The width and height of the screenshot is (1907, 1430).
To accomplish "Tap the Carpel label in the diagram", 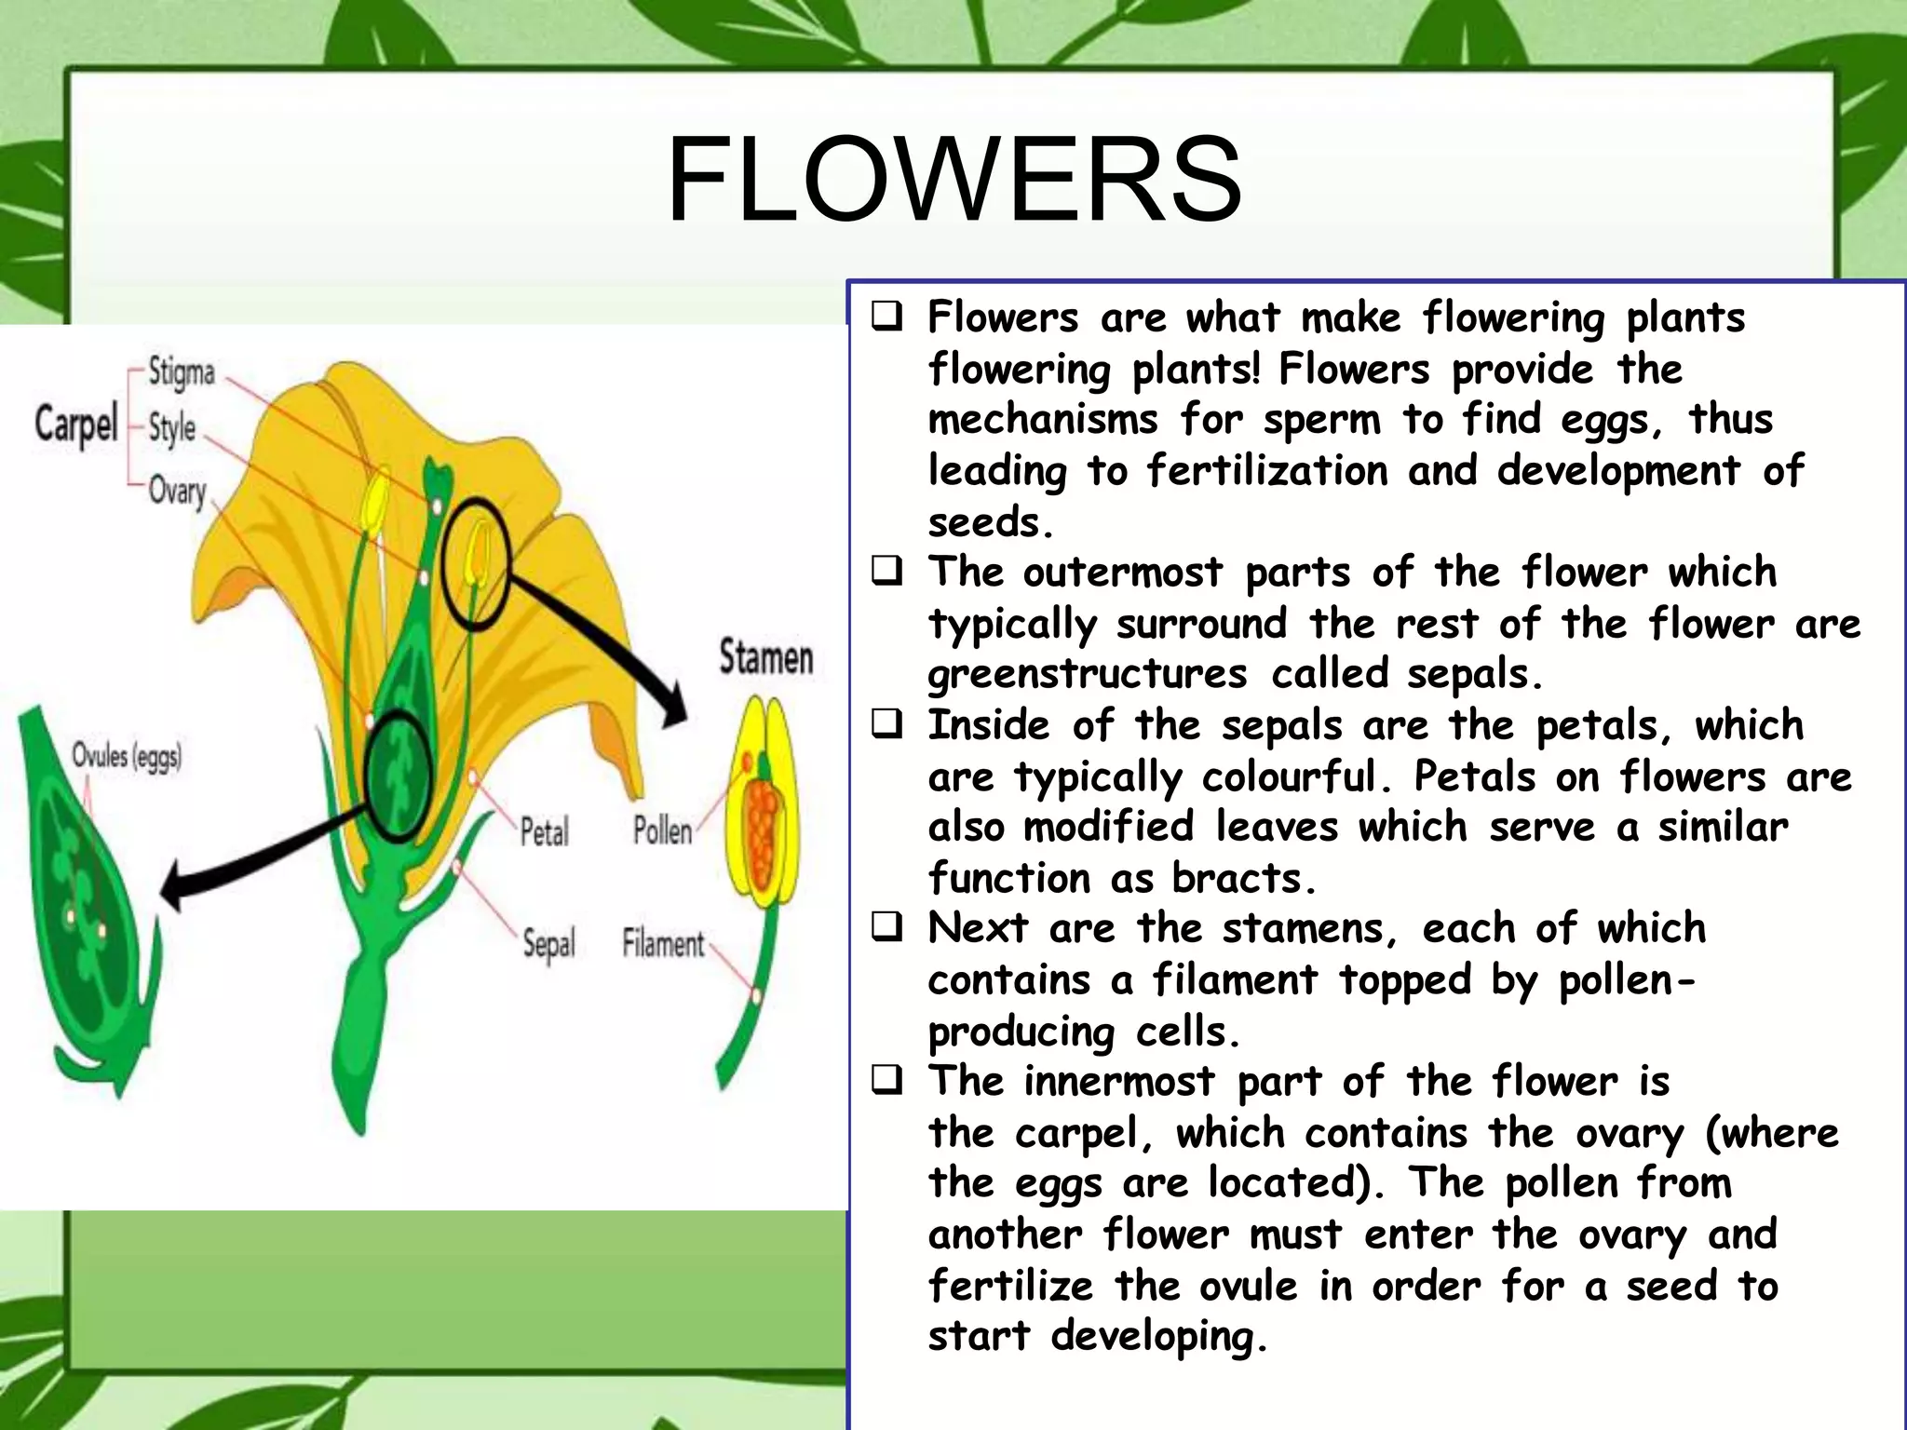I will click(x=76, y=424).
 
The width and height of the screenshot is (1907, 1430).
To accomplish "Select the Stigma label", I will click(x=182, y=372).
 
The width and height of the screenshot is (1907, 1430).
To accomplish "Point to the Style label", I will click(x=171, y=428).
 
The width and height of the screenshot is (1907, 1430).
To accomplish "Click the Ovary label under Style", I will click(x=177, y=490).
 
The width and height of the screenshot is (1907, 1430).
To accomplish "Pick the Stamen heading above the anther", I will click(x=765, y=657).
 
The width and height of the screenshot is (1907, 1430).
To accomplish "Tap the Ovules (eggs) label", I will click(x=127, y=756).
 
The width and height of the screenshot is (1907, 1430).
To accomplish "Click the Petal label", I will click(x=544, y=830).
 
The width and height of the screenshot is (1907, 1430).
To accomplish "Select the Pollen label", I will click(x=662, y=830).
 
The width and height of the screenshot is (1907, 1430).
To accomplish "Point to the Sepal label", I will click(x=548, y=943).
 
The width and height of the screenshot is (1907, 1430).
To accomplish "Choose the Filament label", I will click(x=663, y=943).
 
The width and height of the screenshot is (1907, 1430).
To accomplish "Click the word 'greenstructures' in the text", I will click(x=1087, y=674).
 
